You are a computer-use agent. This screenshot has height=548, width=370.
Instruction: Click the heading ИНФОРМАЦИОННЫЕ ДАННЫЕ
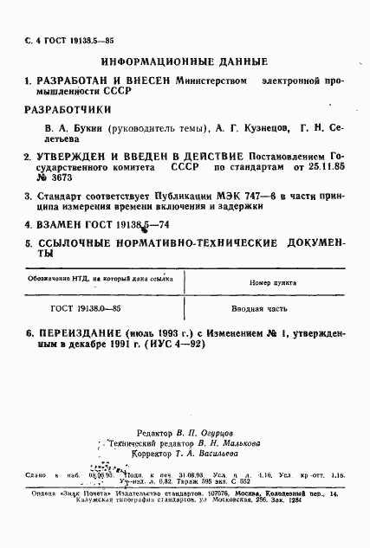pyautogui.click(x=185, y=61)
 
